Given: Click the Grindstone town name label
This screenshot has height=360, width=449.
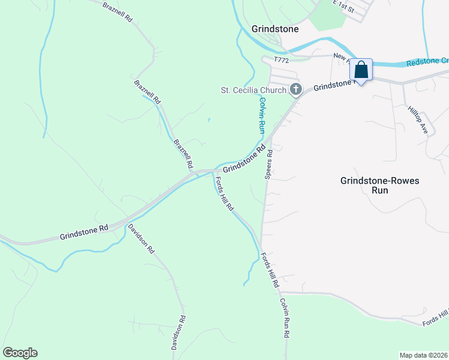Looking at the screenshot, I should click(x=275, y=28).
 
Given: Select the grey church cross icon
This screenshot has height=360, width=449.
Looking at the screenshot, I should click(x=295, y=90).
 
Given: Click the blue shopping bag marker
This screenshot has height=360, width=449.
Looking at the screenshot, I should click(x=361, y=70).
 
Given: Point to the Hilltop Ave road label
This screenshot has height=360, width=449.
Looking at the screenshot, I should click(x=417, y=119).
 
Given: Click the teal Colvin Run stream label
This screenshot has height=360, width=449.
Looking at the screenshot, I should click(x=262, y=115).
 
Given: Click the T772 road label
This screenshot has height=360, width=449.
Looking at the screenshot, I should click(x=282, y=60).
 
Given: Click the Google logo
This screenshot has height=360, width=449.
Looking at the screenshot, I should click(x=20, y=353).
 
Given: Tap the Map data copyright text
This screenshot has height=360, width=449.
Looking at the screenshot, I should click(x=423, y=355).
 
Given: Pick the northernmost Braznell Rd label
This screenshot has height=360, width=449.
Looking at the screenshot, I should click(x=117, y=11).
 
